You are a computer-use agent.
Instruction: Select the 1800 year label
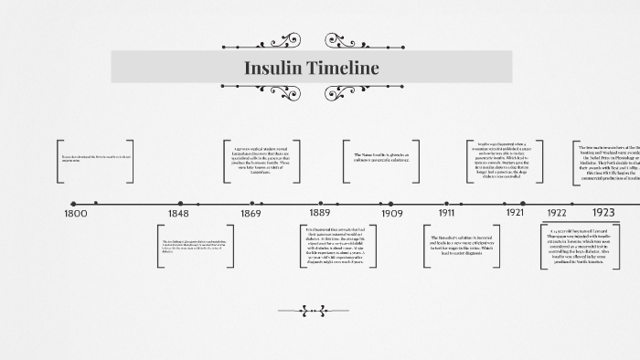click(x=77, y=213)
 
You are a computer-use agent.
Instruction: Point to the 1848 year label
click(x=177, y=213)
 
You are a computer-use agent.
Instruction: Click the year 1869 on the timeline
click(x=251, y=213)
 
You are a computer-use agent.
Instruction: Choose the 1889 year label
click(x=319, y=213)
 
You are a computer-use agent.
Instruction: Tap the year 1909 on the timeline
click(x=392, y=213)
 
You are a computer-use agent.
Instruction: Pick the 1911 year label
click(x=446, y=213)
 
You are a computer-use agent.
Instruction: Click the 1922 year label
click(x=557, y=213)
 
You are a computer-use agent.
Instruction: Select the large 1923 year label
click(x=603, y=212)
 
